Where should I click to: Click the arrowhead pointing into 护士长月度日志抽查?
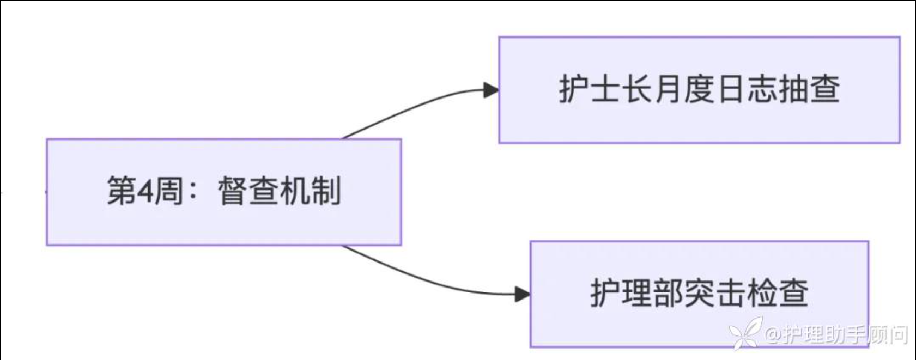(x=491, y=90)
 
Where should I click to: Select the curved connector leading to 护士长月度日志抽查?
(x=414, y=109)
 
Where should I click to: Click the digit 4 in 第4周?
(x=145, y=191)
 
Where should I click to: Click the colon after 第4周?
(x=192, y=192)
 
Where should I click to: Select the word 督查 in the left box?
(x=248, y=191)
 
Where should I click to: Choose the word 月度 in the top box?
(x=683, y=89)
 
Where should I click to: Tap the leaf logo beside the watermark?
(x=745, y=333)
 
